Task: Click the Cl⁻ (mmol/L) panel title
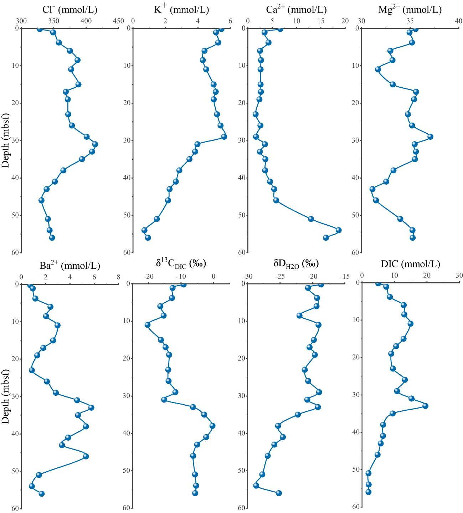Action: [x=70, y=10]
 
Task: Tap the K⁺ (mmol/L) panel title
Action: [x=181, y=9]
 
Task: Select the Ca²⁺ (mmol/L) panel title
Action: [x=296, y=10]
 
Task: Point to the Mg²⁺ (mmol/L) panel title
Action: [x=410, y=10]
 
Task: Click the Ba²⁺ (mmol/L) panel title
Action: [x=70, y=266]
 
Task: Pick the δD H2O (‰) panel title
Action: [x=296, y=264]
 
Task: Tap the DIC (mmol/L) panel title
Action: [x=410, y=264]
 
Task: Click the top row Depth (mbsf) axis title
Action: [x=5, y=140]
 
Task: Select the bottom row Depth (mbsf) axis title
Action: [x=5, y=396]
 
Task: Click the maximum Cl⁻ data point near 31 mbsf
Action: [x=95, y=144]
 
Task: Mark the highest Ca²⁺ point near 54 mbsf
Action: [x=338, y=230]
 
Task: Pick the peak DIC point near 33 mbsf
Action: [x=425, y=406]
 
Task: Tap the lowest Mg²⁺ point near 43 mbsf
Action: [x=372, y=189]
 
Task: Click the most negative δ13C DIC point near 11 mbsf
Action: [x=147, y=325]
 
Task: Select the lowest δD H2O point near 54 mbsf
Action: [x=256, y=486]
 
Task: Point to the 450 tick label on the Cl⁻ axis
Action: [x=118, y=21]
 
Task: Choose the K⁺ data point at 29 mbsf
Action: [x=224, y=137]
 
